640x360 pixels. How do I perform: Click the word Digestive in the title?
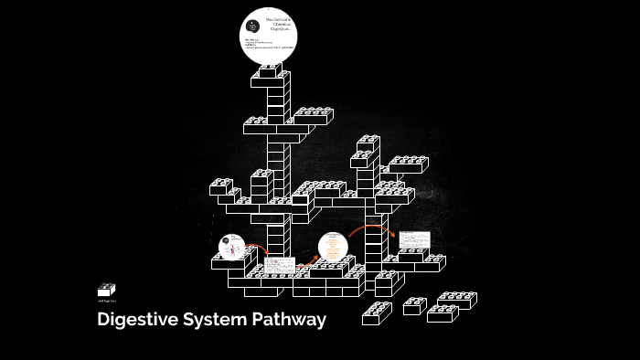137,321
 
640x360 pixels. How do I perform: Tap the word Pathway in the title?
291,321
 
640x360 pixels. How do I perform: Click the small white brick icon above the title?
107,290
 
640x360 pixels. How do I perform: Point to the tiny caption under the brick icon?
107,301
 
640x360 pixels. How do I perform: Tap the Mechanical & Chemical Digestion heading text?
279,25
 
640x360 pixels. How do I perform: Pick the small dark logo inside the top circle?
252,27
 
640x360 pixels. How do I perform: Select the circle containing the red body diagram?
232,247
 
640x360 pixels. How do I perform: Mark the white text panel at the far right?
413,239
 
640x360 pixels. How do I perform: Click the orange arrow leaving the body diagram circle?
257,248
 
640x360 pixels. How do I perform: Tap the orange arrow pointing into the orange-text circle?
307,263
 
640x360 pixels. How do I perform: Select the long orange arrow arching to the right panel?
370,228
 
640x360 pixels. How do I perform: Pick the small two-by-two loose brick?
415,306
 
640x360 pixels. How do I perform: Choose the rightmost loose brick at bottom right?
454,301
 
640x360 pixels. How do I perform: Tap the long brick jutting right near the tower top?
313,116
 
